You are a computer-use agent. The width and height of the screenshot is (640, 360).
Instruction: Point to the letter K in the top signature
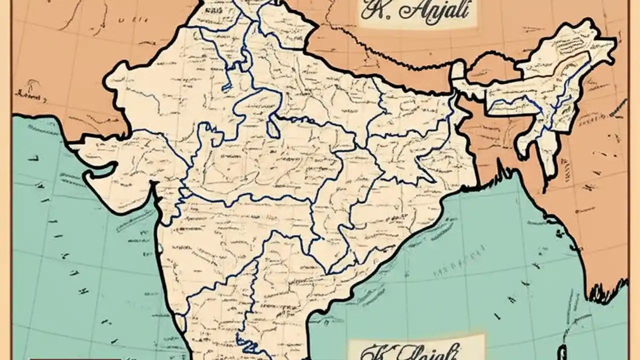coord(371,10)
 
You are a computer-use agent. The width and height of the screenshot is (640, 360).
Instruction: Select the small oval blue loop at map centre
coord(273,128)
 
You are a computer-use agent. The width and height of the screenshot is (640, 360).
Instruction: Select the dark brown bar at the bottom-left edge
coord(75,358)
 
